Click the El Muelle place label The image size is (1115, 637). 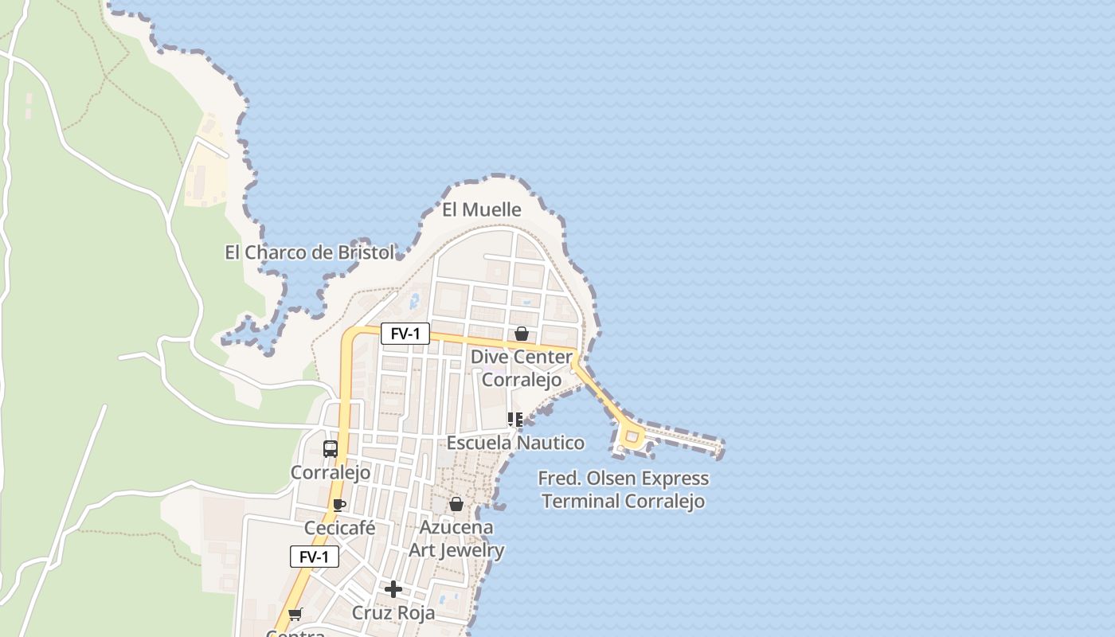(x=482, y=209)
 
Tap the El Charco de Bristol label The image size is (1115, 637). (x=310, y=252)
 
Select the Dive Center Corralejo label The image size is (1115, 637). (x=522, y=368)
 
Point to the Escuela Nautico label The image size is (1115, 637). (x=515, y=443)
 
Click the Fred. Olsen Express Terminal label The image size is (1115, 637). (x=623, y=490)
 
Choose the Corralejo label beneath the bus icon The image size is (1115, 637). (x=331, y=472)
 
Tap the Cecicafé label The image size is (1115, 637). (x=339, y=528)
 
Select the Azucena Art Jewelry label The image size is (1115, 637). (x=456, y=538)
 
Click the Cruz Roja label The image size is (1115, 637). (x=393, y=613)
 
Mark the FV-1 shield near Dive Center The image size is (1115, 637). (x=405, y=334)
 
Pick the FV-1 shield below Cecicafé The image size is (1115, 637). (x=315, y=557)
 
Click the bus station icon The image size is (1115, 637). (x=331, y=449)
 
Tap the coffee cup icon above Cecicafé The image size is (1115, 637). (x=339, y=505)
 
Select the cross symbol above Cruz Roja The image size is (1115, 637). (x=393, y=589)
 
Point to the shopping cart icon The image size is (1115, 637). (x=295, y=614)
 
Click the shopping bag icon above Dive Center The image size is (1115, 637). (x=522, y=334)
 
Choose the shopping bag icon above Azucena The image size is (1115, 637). (x=456, y=504)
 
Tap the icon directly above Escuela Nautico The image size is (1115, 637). (x=515, y=419)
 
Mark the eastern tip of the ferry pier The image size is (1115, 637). (x=720, y=449)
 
